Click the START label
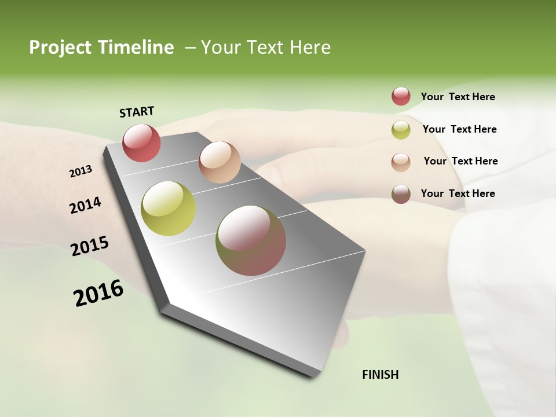[x=137, y=112]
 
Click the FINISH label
[x=380, y=375]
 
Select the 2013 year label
[x=81, y=171]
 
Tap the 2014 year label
[x=85, y=206]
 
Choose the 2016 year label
[x=98, y=294]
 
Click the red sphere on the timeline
[x=141, y=142]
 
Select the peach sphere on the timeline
[x=220, y=162]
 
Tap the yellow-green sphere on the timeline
[x=169, y=209]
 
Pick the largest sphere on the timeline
[x=251, y=240]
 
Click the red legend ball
[x=401, y=97]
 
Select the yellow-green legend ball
[x=401, y=130]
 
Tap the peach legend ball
[x=401, y=162]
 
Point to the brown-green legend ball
[x=401, y=194]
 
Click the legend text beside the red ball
[x=458, y=97]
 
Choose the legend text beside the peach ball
[x=460, y=161]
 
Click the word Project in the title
[x=60, y=47]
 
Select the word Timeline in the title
[x=137, y=47]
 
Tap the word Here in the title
[x=310, y=47]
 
